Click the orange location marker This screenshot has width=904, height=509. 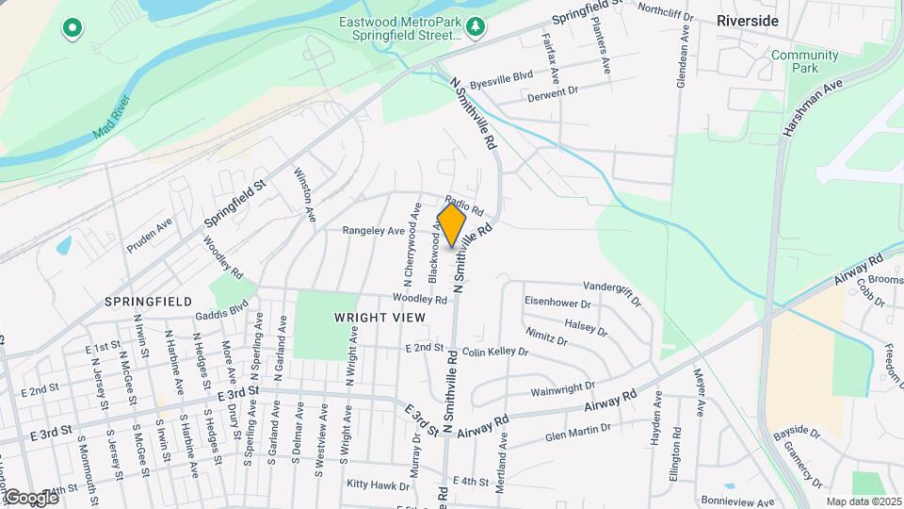tap(452, 225)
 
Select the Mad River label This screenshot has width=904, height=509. tap(111, 118)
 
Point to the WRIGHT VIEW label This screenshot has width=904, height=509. tap(379, 318)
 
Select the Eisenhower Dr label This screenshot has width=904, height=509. tap(557, 304)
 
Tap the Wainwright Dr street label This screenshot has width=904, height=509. tap(563, 386)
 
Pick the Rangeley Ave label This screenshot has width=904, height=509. tap(373, 230)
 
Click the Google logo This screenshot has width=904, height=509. tap(31, 497)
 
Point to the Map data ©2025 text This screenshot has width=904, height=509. tap(863, 501)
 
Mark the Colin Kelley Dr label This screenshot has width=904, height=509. tap(495, 352)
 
